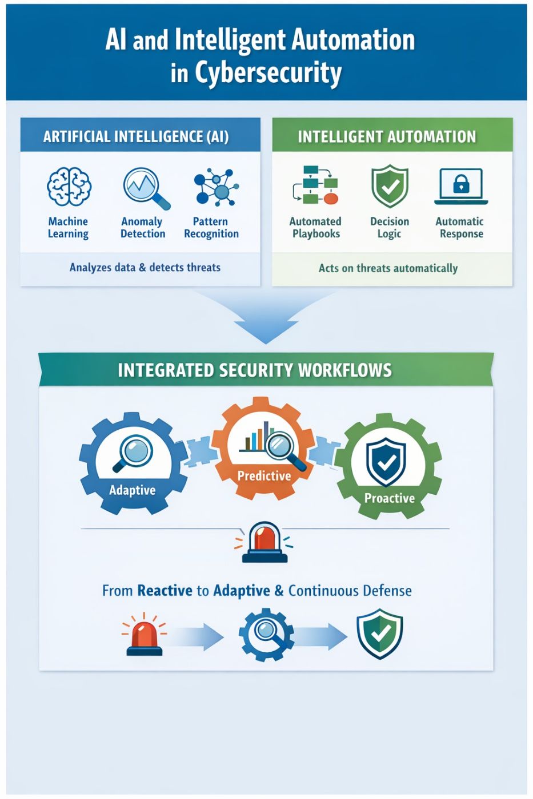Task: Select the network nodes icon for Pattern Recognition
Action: pyautogui.click(x=215, y=187)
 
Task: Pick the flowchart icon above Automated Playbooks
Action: pyautogui.click(x=315, y=185)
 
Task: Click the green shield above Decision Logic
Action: pyautogui.click(x=390, y=186)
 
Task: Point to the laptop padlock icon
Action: pyautogui.click(x=461, y=185)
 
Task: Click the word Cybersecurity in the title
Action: pyautogui.click(x=268, y=73)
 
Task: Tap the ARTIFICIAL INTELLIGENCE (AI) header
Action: pyautogui.click(x=136, y=137)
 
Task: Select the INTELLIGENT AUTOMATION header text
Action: pyautogui.click(x=387, y=137)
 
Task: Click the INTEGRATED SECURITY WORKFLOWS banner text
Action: pyautogui.click(x=255, y=370)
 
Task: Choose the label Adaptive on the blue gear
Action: pyautogui.click(x=132, y=490)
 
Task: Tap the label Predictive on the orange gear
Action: pyautogui.click(x=264, y=475)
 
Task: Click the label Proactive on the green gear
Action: pyautogui.click(x=390, y=498)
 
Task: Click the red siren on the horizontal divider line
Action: pyautogui.click(x=265, y=542)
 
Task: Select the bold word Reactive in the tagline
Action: pyautogui.click(x=165, y=591)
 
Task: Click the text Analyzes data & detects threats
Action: pyautogui.click(x=145, y=268)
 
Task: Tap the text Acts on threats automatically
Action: pyautogui.click(x=388, y=268)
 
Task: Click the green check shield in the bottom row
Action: pyautogui.click(x=380, y=633)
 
